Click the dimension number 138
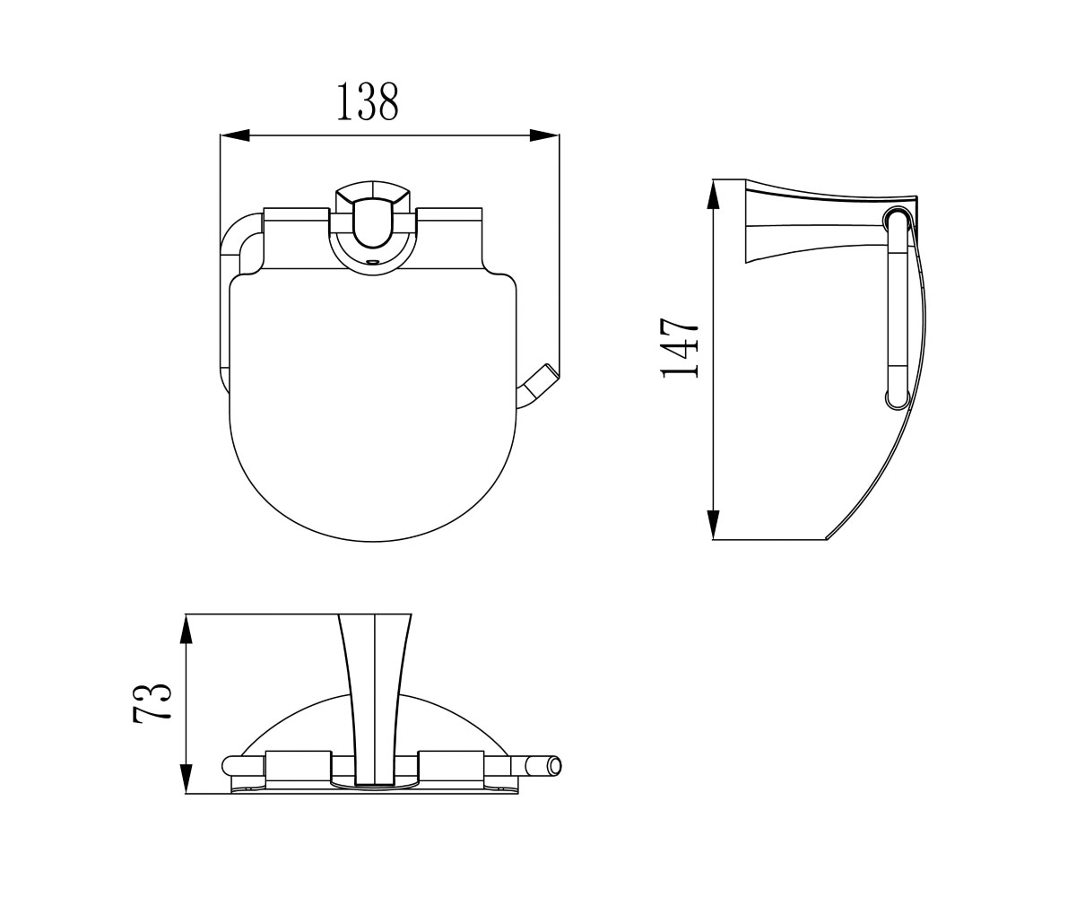pyautogui.click(x=368, y=102)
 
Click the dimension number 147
pyautogui.click(x=680, y=348)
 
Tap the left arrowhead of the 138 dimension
pyautogui.click(x=235, y=135)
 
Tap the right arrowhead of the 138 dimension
pyautogui.click(x=544, y=135)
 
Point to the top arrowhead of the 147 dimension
pyautogui.click(x=713, y=195)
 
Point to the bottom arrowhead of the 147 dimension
pyautogui.click(x=713, y=524)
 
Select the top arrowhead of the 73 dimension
pyautogui.click(x=186, y=629)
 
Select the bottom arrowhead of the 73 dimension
pyautogui.click(x=186, y=779)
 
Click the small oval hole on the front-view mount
pyautogui.click(x=373, y=261)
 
